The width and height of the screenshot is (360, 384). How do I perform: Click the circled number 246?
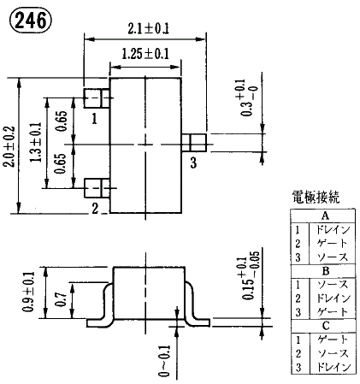point(31,21)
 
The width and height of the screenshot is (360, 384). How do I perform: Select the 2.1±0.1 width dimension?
point(148,28)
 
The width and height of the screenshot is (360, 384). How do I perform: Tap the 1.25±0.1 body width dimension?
point(145,54)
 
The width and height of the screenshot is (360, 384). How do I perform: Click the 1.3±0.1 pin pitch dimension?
point(36,142)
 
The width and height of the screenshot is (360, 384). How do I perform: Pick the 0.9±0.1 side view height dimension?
point(28,292)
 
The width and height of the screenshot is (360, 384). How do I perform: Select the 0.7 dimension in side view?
point(61,298)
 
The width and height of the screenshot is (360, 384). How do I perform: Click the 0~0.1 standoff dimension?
point(164,361)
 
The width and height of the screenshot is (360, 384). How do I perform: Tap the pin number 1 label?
point(94,118)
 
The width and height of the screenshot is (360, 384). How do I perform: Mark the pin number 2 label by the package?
point(95,208)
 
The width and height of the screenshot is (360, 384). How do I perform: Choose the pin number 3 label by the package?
point(193,162)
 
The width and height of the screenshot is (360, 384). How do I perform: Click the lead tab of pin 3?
point(194,142)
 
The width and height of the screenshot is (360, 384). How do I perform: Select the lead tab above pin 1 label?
point(97,98)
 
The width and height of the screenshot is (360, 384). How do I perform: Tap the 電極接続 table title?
point(316,197)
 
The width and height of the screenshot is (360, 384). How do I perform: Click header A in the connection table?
point(325,216)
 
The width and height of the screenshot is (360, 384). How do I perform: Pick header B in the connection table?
point(326,271)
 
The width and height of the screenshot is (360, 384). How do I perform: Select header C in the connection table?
point(326,326)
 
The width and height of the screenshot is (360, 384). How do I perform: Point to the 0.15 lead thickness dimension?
point(248,276)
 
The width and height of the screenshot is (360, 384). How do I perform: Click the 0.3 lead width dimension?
point(245,97)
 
